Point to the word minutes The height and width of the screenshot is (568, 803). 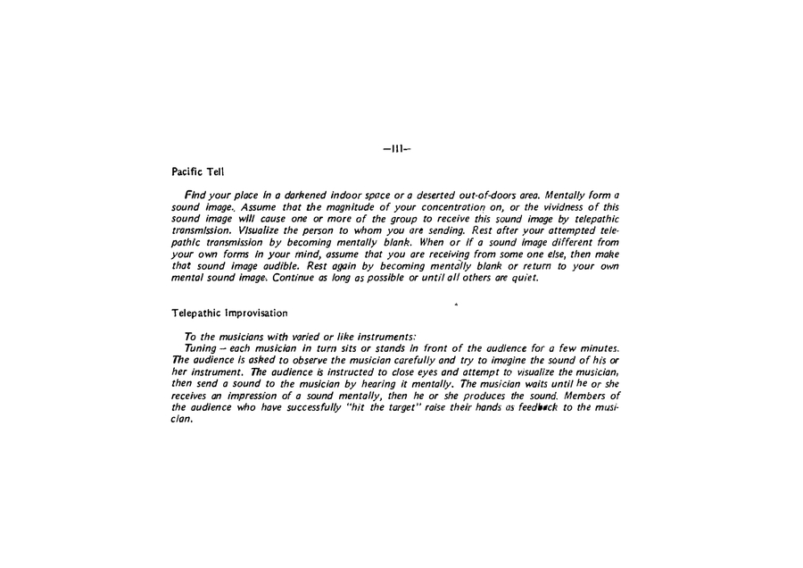click(x=599, y=347)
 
